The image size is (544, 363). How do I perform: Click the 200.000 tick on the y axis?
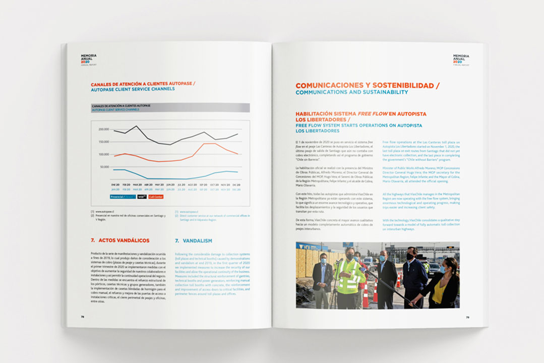tap(104, 130)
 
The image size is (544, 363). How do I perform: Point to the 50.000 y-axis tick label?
tap(104, 167)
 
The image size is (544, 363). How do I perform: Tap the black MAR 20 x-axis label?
tap(136, 186)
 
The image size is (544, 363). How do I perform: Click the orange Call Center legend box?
tap(156, 197)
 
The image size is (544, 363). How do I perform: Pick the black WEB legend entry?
tap(142, 197)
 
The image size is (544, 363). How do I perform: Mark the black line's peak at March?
tap(136, 126)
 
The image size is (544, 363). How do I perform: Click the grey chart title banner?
tap(170, 107)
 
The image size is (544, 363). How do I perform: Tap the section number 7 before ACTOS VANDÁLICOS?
tap(92, 240)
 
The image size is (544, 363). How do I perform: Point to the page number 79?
tap(467, 317)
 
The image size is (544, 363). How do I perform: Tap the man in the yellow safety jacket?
tap(349, 277)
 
